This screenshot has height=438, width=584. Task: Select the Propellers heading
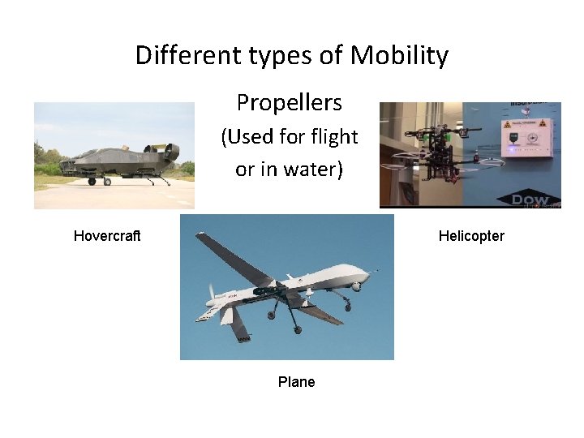[x=290, y=103]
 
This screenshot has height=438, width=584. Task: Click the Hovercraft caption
[x=107, y=236]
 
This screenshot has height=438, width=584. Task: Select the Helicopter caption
[x=471, y=236]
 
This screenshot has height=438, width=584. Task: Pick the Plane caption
[x=296, y=382]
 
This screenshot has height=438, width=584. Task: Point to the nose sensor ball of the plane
[x=354, y=286]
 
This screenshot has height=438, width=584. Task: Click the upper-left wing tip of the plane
[x=200, y=236]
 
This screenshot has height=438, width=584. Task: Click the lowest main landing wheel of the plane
[x=297, y=330]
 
